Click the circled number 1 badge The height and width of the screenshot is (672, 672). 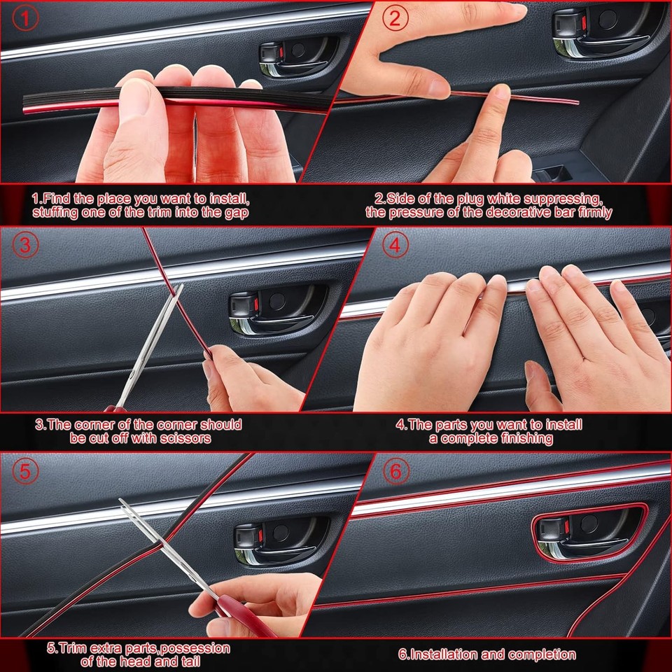tap(26, 19)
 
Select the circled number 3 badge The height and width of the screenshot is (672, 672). tap(26, 246)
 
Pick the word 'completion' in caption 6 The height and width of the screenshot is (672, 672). tap(542, 654)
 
